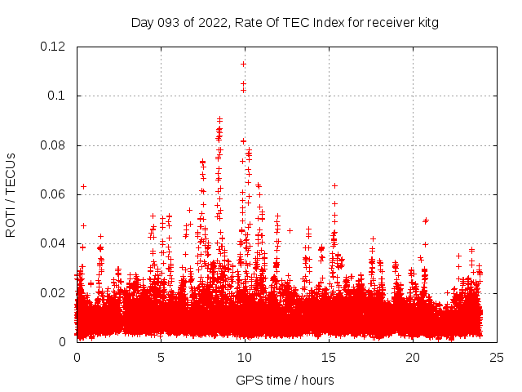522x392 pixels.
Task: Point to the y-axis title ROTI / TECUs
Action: (x=11, y=194)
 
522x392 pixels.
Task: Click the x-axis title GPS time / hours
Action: (x=285, y=381)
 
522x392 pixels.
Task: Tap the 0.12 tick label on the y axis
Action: (x=54, y=47)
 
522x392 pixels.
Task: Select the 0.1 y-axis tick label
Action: (x=57, y=96)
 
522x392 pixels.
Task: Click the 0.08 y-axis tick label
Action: (x=54, y=145)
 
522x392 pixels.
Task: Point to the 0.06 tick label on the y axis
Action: (x=54, y=194)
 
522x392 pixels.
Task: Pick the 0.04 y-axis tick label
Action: (x=54, y=243)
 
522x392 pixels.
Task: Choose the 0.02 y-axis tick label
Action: (x=54, y=292)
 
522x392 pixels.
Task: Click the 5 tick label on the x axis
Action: (x=161, y=358)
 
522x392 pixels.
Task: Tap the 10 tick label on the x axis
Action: (x=245, y=358)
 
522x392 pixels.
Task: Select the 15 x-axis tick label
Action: (x=329, y=358)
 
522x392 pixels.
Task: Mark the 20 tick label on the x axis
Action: (x=413, y=358)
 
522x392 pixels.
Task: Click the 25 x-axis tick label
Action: (x=497, y=358)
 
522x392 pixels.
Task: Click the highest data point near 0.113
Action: (x=243, y=64)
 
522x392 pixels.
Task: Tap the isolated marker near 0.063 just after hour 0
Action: (x=83, y=186)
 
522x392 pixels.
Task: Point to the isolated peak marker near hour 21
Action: (x=426, y=220)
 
